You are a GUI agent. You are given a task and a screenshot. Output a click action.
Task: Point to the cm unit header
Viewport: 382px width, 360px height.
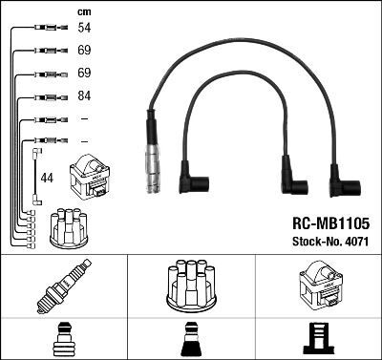pos(83,12)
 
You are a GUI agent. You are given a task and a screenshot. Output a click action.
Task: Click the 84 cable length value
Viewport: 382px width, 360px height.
pos(83,96)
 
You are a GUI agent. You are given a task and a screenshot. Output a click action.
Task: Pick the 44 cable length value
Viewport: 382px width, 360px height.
pos(48,177)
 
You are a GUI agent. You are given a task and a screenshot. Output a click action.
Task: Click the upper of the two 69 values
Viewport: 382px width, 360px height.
pos(83,52)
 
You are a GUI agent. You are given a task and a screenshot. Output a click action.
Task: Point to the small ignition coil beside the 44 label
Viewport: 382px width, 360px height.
pos(91,176)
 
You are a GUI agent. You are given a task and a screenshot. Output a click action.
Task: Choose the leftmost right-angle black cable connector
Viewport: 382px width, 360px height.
pos(196,182)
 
